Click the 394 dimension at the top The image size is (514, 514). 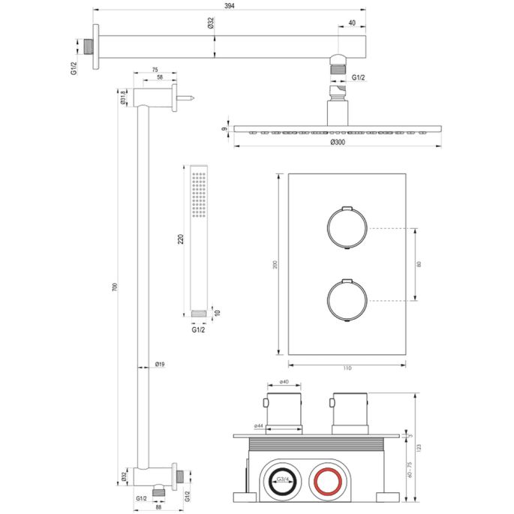pyautogui.click(x=231, y=7)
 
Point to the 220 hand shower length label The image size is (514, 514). pyautogui.click(x=181, y=240)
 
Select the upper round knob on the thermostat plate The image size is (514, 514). pyautogui.click(x=346, y=226)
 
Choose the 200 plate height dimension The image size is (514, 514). pyautogui.click(x=275, y=264)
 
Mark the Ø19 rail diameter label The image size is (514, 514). pyautogui.click(x=160, y=365)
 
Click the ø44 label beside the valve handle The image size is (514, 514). pyautogui.click(x=258, y=426)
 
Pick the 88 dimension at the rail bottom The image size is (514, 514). pyautogui.click(x=158, y=507)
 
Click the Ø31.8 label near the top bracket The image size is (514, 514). pyautogui.click(x=121, y=98)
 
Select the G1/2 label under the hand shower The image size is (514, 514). pyautogui.click(x=198, y=329)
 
